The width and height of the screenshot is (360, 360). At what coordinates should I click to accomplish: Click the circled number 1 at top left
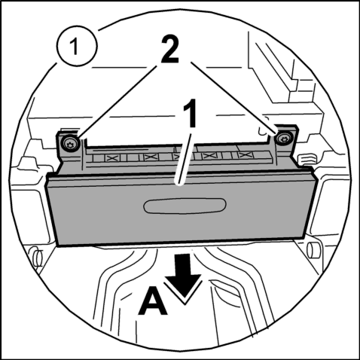76,46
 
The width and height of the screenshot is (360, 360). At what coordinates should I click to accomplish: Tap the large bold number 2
169,49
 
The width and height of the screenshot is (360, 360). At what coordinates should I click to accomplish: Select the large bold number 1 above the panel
190,113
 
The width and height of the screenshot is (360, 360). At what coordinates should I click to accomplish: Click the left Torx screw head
69,144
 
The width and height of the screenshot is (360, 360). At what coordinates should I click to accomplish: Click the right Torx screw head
283,139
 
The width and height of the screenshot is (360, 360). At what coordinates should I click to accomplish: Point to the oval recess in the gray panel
185,206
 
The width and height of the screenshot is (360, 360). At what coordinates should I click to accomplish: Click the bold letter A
153,301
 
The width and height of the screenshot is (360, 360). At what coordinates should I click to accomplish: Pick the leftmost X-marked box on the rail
112,157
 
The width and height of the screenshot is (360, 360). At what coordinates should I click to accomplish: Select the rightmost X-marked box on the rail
245,155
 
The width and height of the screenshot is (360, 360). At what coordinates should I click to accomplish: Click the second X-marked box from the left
151,157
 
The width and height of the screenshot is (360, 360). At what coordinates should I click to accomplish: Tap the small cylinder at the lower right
314,249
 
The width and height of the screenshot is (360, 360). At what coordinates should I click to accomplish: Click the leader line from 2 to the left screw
118,102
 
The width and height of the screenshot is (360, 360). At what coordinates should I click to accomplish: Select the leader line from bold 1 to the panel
185,160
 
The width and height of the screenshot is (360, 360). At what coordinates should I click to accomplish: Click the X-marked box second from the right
209,156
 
